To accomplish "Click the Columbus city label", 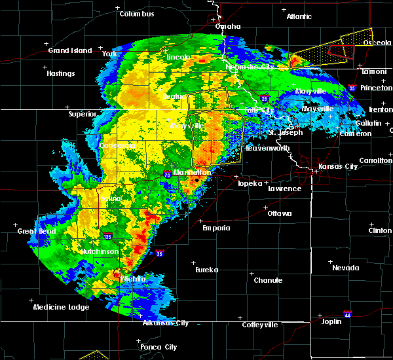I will [137, 14].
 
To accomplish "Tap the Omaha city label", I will [228, 27].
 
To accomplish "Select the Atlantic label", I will [299, 16].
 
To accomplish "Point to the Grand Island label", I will [67, 50].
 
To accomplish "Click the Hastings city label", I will [60, 73].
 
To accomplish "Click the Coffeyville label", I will [260, 325].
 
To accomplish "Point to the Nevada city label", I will [345, 268].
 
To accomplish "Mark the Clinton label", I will [380, 231].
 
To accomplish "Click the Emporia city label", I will [216, 228].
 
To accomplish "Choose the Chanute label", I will [268, 280].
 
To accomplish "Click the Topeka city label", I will [250, 183].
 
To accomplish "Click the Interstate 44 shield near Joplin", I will [348, 314].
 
